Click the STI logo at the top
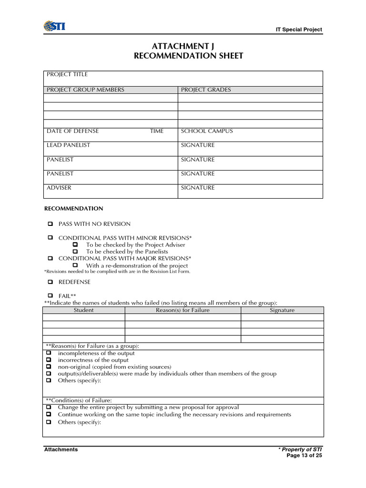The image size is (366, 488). tap(54, 26)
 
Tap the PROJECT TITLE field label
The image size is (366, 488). tap(67, 74)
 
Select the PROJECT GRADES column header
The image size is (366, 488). tap(206, 90)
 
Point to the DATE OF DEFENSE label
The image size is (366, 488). tap(73, 131)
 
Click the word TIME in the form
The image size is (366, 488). tap(156, 131)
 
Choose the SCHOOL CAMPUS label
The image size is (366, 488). tap(207, 131)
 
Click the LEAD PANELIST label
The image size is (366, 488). tap(68, 145)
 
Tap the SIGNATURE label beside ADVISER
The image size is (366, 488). tap(198, 188)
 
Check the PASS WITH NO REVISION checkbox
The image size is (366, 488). tap(50, 224)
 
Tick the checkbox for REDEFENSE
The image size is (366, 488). tap(50, 282)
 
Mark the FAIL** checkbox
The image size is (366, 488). tap(50, 295)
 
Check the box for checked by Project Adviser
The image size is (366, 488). tap(75, 244)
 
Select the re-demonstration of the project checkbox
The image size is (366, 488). tap(75, 265)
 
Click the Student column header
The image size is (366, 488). tap(83, 310)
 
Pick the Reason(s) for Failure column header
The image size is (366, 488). tap(183, 310)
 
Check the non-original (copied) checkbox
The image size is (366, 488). tap(49, 367)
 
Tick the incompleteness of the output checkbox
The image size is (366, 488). tap(49, 353)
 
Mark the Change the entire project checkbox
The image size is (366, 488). tap(49, 407)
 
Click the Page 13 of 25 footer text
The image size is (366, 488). tap(304, 456)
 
